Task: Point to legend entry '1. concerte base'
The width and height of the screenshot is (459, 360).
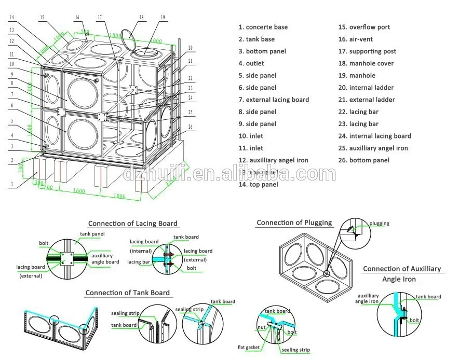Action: click(x=263, y=27)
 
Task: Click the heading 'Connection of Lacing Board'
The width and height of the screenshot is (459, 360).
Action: click(x=132, y=224)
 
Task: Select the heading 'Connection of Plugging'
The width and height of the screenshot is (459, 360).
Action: click(x=294, y=223)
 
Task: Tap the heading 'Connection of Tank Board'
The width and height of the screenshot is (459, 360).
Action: click(x=127, y=293)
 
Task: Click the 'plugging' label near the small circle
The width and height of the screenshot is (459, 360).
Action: click(x=379, y=224)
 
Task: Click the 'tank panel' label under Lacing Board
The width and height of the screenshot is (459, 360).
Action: click(x=94, y=234)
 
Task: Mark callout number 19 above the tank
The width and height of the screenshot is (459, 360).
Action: click(x=163, y=18)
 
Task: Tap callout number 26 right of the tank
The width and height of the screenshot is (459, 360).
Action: click(x=191, y=127)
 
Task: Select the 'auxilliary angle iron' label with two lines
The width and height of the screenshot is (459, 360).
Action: click(x=367, y=298)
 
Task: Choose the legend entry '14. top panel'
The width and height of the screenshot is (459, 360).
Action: click(x=258, y=184)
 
